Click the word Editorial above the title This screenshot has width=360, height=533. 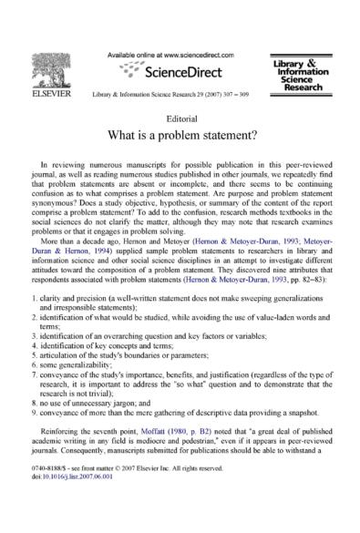(180, 118)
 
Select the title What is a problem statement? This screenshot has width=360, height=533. (180, 137)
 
